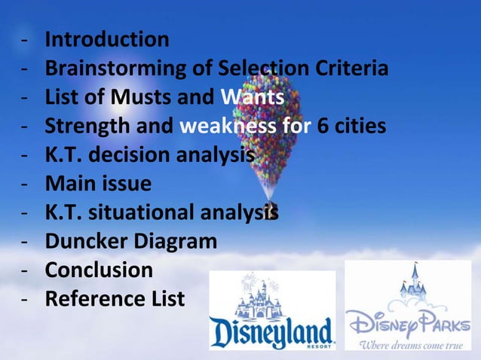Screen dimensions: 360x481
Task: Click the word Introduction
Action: [x=107, y=39]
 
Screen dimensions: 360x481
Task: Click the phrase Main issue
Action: [x=98, y=183]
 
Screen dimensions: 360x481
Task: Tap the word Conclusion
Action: [x=99, y=270]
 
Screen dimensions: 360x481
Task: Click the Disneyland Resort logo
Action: [x=272, y=310]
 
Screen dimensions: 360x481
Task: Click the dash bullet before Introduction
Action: [x=26, y=40]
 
